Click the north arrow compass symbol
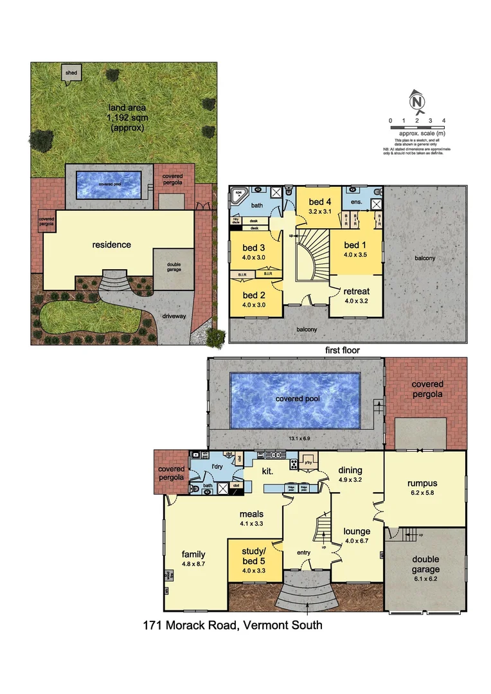tap(417, 103)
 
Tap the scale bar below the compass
tap(417, 128)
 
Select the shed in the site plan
tap(71, 74)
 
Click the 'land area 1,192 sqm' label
tap(122, 118)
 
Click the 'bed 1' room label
tap(352, 245)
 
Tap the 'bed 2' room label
tap(254, 296)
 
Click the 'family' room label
tap(193, 554)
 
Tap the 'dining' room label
tap(351, 470)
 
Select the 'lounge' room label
tap(357, 531)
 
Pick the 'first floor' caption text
tap(343, 350)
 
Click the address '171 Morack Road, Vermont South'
tap(232, 625)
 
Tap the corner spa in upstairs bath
tap(239, 194)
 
